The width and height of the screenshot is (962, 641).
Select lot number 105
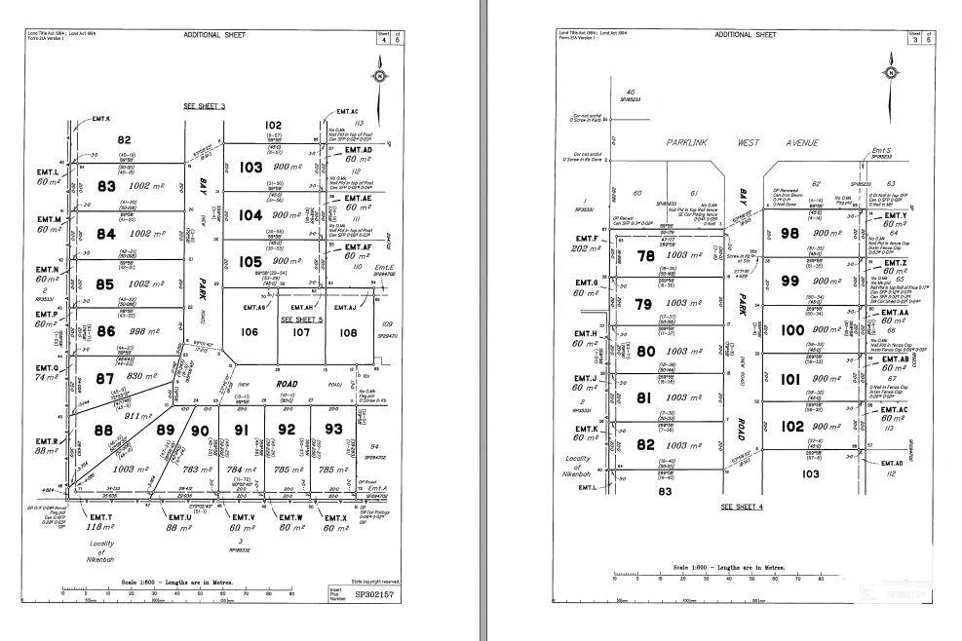click(250, 261)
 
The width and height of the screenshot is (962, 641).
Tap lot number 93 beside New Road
click(333, 429)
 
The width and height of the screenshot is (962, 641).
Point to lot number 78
click(645, 256)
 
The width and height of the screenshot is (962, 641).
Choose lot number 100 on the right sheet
click(793, 330)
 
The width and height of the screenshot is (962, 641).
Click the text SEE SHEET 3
click(204, 105)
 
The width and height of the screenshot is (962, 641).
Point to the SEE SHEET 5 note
click(301, 319)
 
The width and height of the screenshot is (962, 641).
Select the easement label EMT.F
click(587, 238)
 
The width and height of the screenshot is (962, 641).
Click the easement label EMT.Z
click(894, 263)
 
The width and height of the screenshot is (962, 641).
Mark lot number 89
click(165, 430)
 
